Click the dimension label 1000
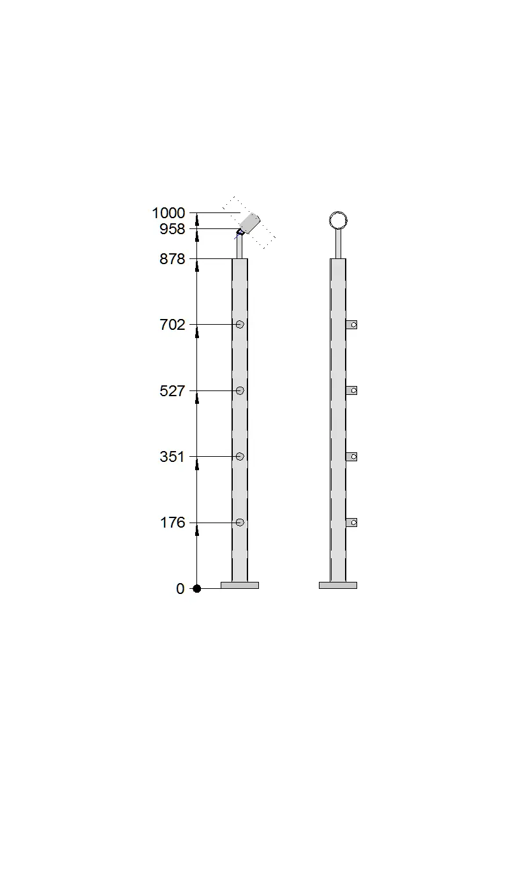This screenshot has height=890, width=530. click(168, 213)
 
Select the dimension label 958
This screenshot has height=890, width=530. click(172, 229)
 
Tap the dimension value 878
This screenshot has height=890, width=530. click(172, 259)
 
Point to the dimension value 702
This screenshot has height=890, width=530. click(172, 325)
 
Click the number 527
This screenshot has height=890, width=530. click(172, 391)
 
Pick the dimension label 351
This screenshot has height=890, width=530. click(172, 457)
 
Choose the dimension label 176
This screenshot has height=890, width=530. click(172, 523)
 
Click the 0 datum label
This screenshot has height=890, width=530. click(180, 589)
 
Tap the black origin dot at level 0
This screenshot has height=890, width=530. click(196, 588)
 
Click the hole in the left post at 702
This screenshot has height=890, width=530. click(240, 325)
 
